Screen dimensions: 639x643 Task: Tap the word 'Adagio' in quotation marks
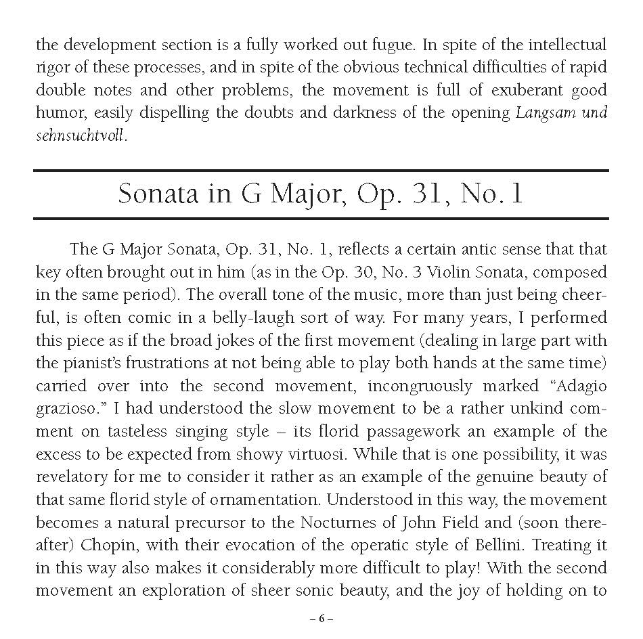click(576, 387)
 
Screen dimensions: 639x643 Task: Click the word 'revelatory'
click(70, 478)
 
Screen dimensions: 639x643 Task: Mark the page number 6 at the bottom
click(321, 619)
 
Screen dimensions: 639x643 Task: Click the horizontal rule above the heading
click(321, 171)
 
